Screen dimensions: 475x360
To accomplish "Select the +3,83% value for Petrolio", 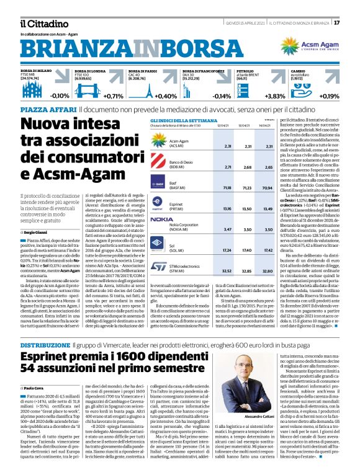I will coord(274,97).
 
